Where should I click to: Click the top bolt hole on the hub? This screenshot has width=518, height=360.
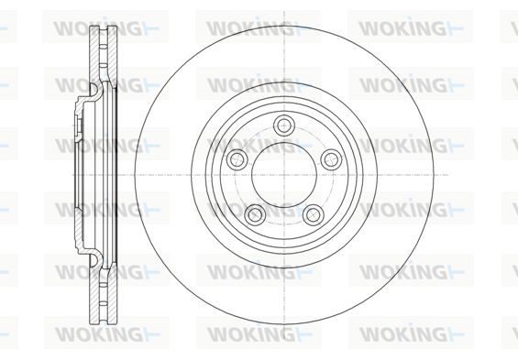point(284,125)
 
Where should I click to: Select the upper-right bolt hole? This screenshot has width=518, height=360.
point(331,159)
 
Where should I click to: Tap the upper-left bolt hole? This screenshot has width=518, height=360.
point(237,159)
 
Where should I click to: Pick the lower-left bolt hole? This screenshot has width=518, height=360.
point(255,213)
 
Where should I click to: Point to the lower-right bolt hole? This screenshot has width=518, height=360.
point(313,214)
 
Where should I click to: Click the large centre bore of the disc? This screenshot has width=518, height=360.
point(284,175)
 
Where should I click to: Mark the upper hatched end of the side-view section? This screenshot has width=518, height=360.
point(103,54)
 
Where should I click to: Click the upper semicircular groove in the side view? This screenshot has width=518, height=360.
point(95,90)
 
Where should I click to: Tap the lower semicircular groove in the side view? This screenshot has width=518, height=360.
point(95,260)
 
